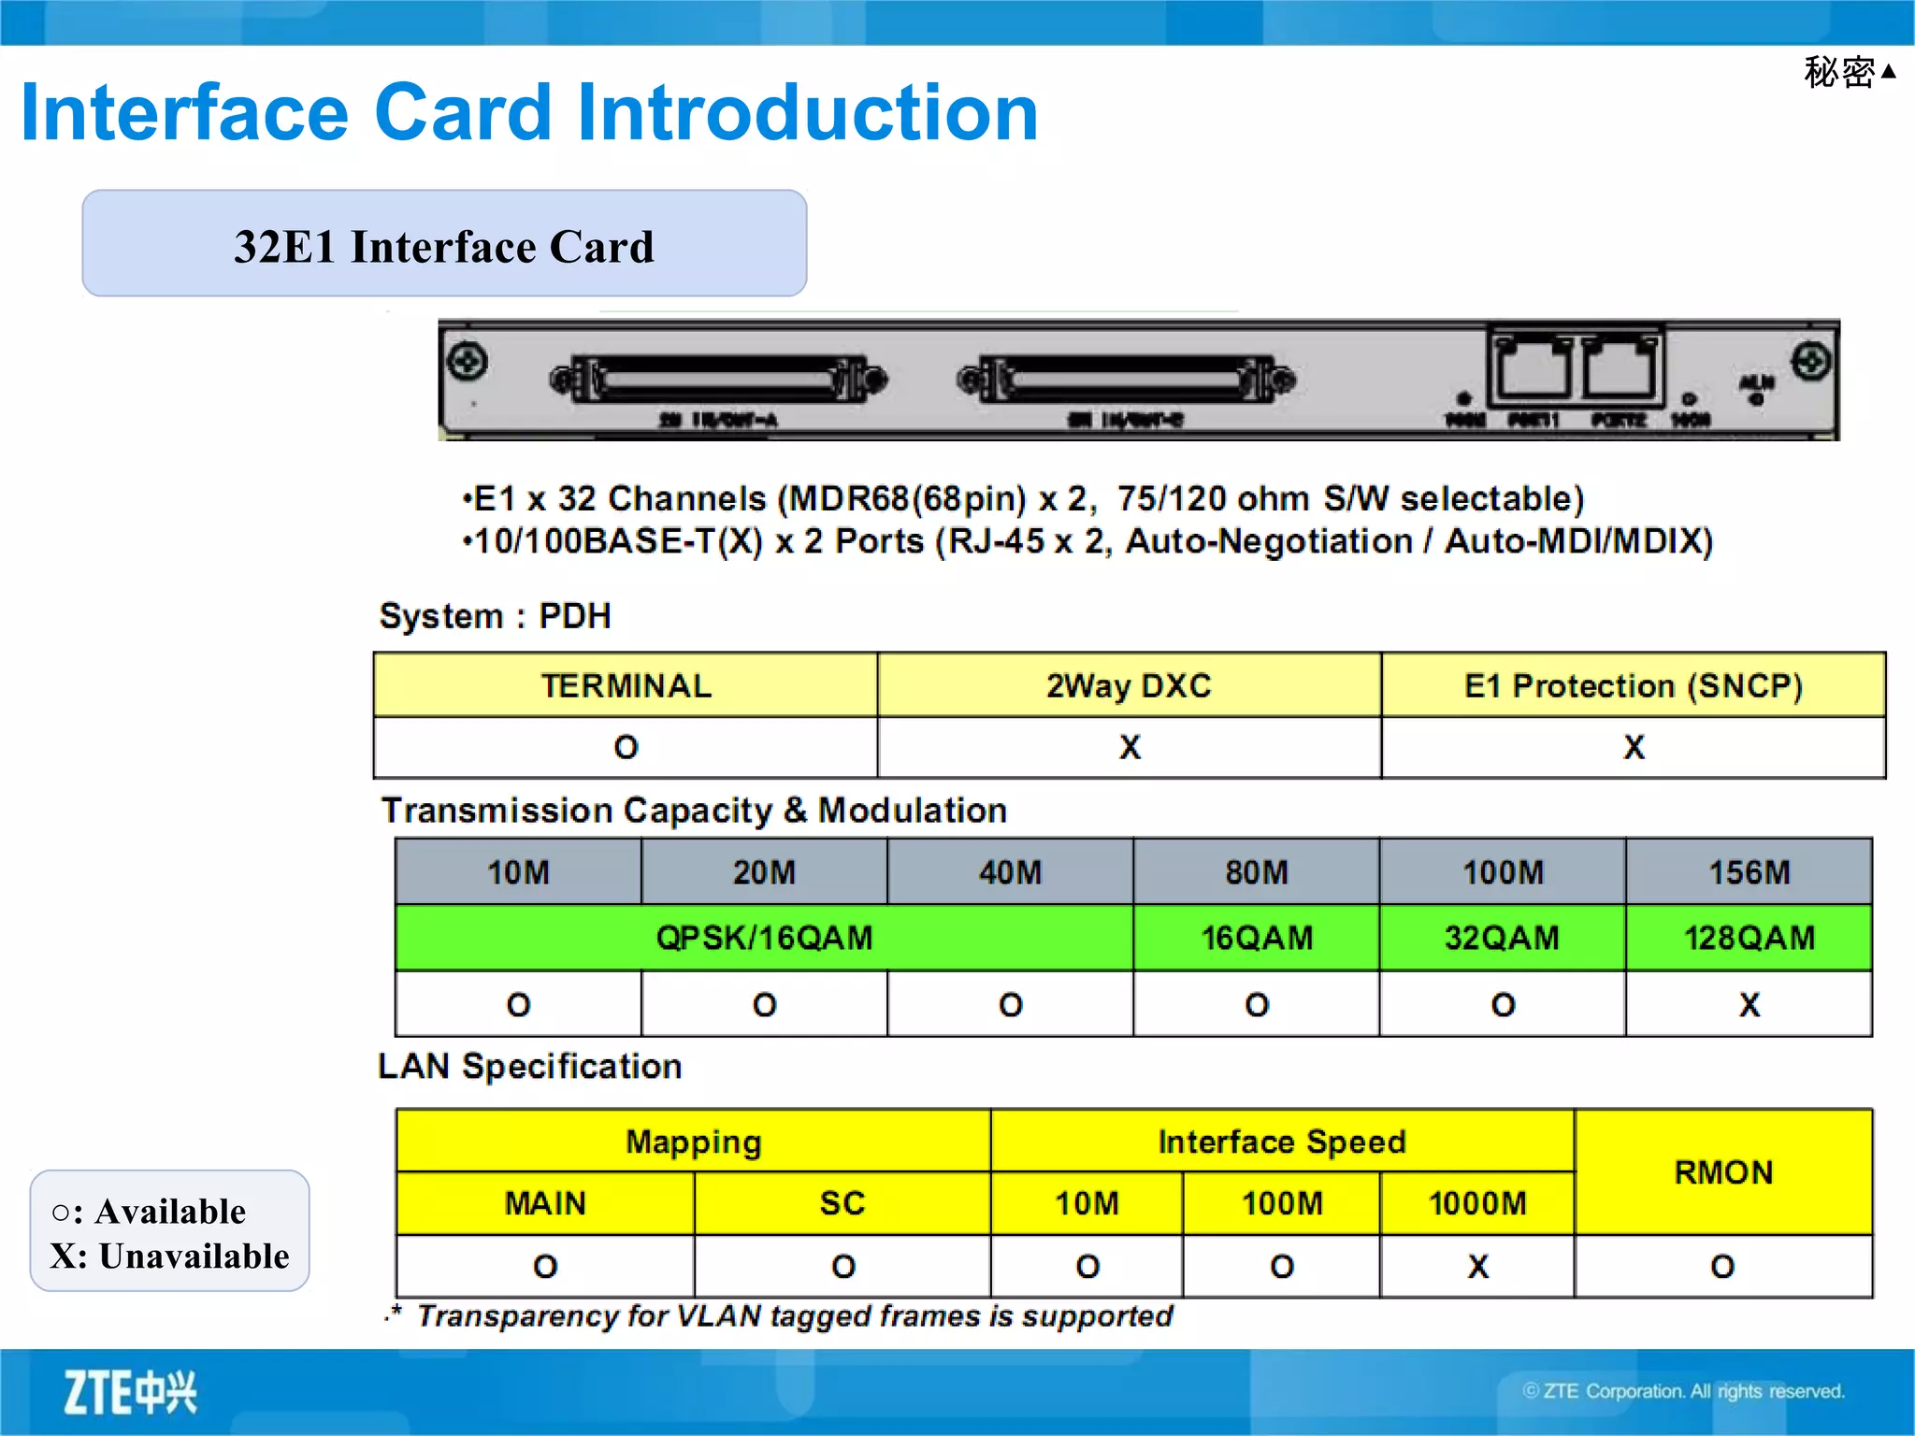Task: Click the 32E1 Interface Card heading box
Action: pos(444,244)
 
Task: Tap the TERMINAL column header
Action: pos(626,685)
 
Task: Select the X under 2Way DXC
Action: pos(1130,747)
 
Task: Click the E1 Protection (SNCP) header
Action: pos(1633,685)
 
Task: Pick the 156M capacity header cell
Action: pos(1749,872)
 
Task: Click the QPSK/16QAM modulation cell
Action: pos(764,938)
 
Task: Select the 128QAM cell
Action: pos(1749,938)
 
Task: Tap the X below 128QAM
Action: pos(1749,1005)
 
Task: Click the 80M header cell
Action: pos(1256,872)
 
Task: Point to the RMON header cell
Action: pos(1723,1171)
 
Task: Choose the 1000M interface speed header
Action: pos(1476,1203)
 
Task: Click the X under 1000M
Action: pos(1477,1267)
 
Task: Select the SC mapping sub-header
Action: pos(842,1203)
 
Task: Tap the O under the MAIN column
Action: pos(545,1267)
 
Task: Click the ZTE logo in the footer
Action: pos(130,1392)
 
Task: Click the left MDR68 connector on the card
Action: pos(718,380)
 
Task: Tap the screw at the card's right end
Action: pos(1810,361)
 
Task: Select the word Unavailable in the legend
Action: pos(194,1256)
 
